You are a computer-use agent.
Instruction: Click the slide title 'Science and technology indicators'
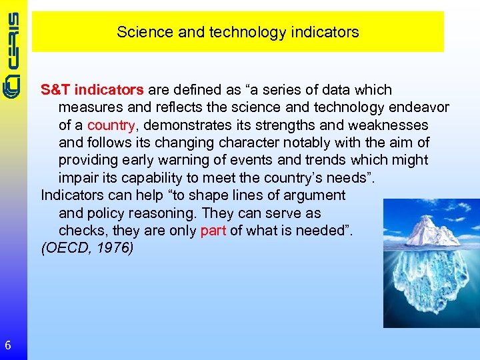coord(237,32)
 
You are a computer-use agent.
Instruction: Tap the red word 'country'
coord(111,125)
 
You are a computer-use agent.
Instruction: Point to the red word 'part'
coord(213,231)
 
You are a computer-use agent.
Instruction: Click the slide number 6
coord(7,345)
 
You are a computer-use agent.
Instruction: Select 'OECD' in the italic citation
coord(65,249)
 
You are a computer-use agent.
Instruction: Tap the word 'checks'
coord(79,231)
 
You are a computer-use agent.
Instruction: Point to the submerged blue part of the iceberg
coord(430,280)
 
